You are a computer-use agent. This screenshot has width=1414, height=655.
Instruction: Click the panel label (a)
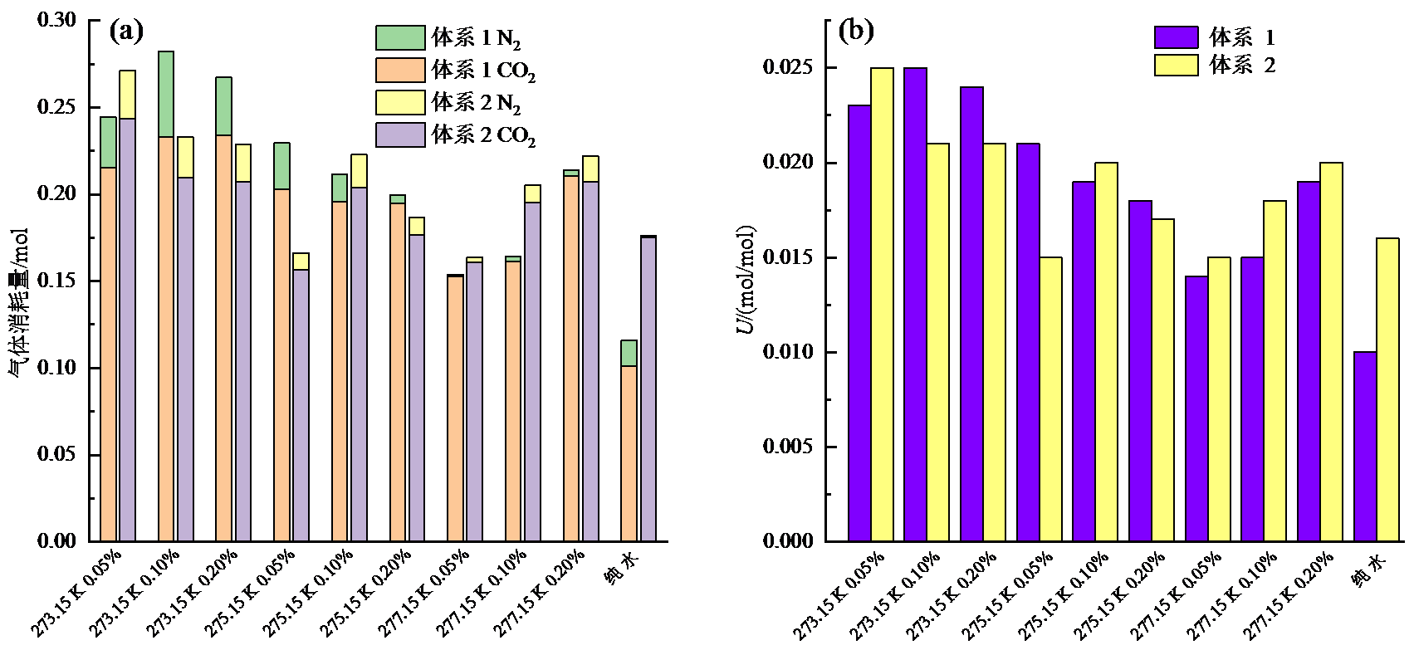click(x=126, y=32)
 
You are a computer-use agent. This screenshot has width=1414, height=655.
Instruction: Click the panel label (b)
click(x=855, y=32)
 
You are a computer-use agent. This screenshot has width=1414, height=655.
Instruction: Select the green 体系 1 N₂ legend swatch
click(x=400, y=38)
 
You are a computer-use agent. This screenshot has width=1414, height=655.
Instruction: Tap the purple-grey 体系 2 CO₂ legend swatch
click(x=400, y=134)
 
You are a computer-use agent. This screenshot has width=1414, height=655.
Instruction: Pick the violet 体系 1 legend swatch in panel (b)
click(x=1176, y=37)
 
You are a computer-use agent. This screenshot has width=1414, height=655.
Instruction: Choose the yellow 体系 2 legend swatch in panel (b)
click(x=1176, y=65)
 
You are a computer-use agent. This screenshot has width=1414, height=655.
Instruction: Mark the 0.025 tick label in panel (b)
click(x=788, y=67)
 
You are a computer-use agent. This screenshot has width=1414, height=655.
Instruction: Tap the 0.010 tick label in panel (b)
click(x=788, y=352)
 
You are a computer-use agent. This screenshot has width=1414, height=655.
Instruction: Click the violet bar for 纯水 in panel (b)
click(x=1365, y=447)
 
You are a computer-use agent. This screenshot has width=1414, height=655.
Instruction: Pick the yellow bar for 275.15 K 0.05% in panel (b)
click(x=1050, y=399)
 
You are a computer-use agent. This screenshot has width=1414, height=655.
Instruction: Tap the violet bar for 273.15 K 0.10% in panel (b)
click(x=916, y=305)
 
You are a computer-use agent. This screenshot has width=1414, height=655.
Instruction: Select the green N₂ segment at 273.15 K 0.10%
click(x=166, y=95)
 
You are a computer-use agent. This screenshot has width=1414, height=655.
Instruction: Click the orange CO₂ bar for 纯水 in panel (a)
click(x=629, y=453)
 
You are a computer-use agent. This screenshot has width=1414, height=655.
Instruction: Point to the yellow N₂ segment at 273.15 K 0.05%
click(x=127, y=95)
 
